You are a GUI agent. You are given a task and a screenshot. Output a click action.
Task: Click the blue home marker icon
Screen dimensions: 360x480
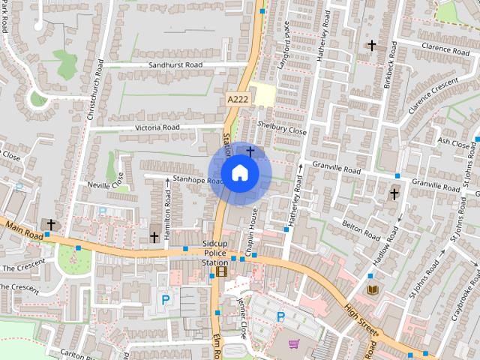tap(240, 173)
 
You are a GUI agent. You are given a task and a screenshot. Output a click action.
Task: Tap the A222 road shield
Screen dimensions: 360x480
tap(237, 99)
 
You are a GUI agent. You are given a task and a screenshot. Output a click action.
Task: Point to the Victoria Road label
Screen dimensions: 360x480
tap(157, 127)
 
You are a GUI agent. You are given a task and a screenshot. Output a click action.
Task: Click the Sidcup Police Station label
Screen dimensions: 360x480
tap(215, 253)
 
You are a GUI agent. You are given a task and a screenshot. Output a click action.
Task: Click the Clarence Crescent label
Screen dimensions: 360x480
tap(433, 95)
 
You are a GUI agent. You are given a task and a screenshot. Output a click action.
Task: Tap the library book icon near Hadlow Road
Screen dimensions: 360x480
tap(373, 289)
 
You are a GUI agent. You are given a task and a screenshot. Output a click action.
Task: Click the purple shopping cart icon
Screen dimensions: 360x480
tap(294, 344)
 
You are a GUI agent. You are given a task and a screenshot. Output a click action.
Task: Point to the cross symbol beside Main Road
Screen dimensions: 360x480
tap(51, 224)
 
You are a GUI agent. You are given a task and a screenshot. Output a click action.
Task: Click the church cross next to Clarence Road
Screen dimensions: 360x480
tap(371, 46)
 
